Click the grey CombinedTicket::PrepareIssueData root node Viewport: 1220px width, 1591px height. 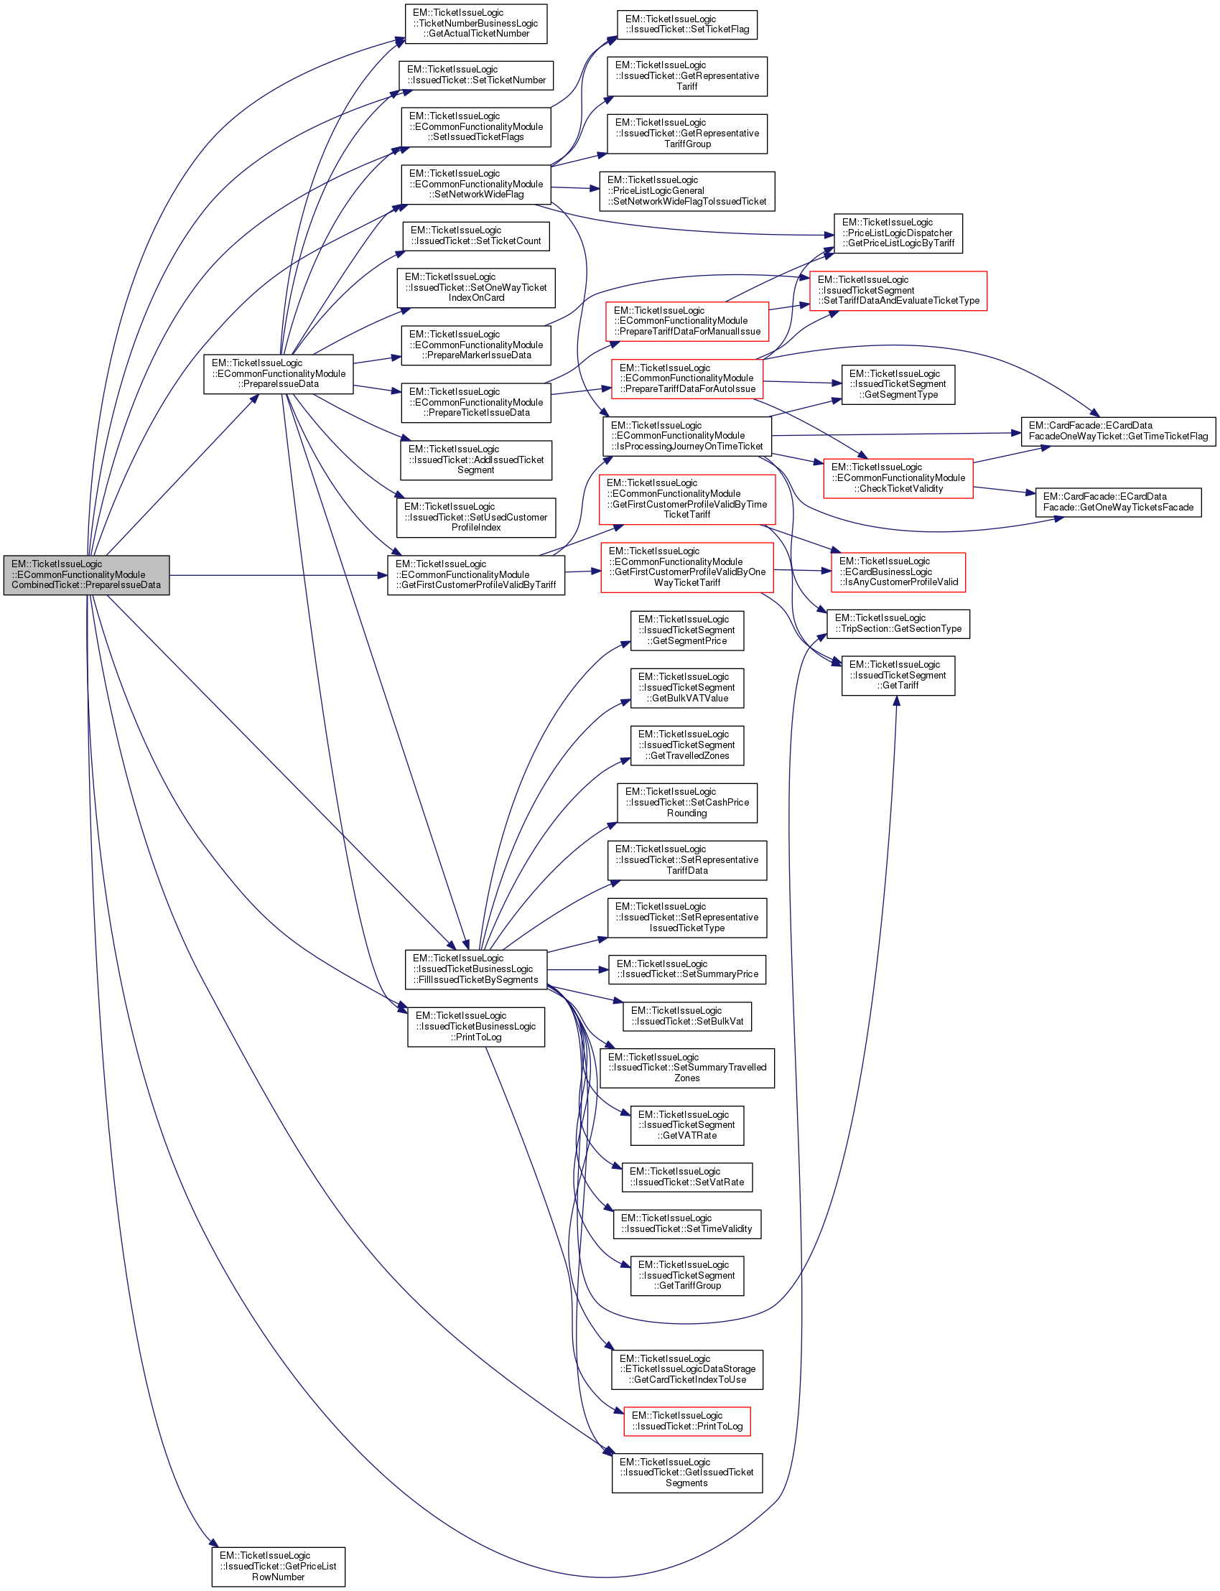tap(86, 575)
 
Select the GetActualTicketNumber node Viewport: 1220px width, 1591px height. tap(475, 23)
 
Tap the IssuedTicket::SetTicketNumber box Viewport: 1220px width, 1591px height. tap(475, 75)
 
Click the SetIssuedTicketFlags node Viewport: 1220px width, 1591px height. tap(475, 126)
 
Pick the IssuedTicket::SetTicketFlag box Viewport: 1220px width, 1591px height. tap(686, 24)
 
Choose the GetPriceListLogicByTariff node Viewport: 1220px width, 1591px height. tap(898, 233)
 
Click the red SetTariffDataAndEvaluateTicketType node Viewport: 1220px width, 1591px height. tap(898, 291)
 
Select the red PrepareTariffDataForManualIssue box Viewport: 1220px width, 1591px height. tap(687, 321)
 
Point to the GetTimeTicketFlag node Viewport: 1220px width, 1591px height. tap(1117, 431)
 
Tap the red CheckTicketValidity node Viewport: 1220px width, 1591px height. tap(898, 478)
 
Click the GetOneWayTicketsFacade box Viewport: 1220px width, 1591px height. tap(1117, 502)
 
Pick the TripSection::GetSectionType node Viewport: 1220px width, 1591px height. tap(898, 624)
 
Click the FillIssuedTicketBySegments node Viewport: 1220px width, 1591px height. tap(475, 969)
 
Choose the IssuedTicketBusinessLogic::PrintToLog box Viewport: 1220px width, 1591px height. tap(475, 1026)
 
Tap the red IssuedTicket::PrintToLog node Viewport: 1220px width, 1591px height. tap(686, 1421)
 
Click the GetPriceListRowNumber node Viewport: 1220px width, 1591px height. tap(278, 1567)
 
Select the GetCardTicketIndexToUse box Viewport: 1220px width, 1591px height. tap(686, 1369)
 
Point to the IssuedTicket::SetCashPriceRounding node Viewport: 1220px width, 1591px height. tap(686, 803)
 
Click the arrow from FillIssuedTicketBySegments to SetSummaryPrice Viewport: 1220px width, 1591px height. tap(577, 969)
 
